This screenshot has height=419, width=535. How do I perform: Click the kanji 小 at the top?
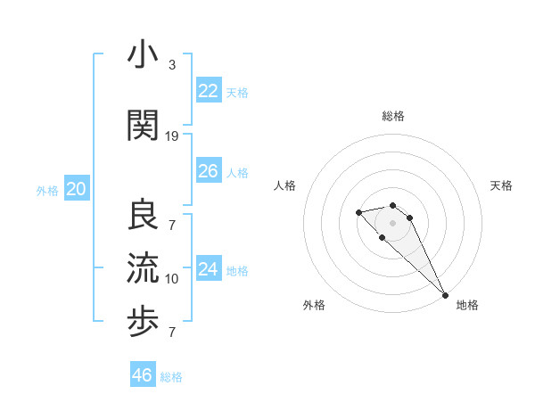[144, 54]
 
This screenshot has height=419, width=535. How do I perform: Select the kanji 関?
[144, 124]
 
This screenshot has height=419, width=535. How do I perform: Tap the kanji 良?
[144, 215]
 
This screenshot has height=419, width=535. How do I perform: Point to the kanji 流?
[144, 268]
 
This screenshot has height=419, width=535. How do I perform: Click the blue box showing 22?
[209, 91]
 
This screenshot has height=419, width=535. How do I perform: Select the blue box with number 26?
[209, 171]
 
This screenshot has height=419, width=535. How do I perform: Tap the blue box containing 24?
[209, 269]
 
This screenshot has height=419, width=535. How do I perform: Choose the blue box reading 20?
[77, 189]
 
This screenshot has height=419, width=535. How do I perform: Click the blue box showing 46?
[143, 374]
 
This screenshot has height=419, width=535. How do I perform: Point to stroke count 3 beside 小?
[171, 65]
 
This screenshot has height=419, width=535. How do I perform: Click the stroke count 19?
[172, 136]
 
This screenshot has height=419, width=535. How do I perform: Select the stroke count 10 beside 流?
[172, 279]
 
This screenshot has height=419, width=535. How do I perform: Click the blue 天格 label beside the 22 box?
[237, 92]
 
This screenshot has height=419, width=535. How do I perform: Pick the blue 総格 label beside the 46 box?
[171, 376]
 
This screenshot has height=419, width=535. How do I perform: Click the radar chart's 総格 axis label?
[393, 116]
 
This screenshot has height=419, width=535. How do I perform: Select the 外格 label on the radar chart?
[314, 305]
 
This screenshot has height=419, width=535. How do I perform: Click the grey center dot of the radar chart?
[393, 223]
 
